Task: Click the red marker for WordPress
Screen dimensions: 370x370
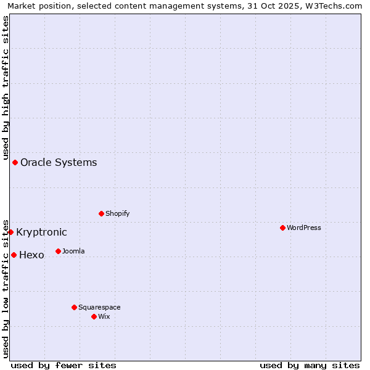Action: coord(282,228)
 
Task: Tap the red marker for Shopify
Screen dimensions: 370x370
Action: coord(101,213)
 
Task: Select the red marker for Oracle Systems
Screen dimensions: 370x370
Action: coord(15,162)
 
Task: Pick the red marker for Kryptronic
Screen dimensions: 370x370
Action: coord(10,232)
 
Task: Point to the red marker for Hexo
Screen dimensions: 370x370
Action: coord(14,255)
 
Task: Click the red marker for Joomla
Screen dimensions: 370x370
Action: coord(58,251)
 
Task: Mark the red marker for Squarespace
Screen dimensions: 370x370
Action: coord(74,307)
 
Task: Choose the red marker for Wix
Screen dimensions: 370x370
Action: coord(94,316)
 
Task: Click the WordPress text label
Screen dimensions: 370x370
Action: coord(304,228)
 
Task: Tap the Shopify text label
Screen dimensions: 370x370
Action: coord(118,213)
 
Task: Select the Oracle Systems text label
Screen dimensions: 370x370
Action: coord(59,163)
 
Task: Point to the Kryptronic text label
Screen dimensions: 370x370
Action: coord(41,232)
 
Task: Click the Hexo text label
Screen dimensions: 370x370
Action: coord(31,255)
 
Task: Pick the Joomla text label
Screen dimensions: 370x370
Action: coord(73,251)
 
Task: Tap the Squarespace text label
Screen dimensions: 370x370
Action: coord(99,307)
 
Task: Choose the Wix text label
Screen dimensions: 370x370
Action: coord(104,316)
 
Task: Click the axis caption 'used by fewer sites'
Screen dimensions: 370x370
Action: coord(64,365)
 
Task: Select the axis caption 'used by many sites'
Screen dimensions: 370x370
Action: coord(310,365)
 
